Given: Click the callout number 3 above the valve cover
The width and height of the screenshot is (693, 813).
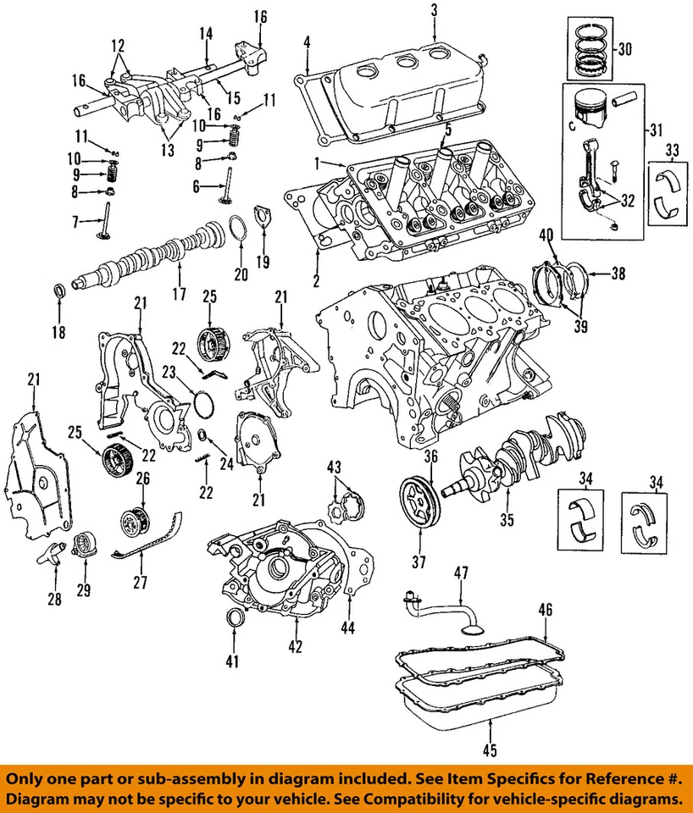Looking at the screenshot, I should pyautogui.click(x=434, y=10).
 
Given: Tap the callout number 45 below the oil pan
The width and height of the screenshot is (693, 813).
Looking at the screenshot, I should pyautogui.click(x=491, y=749).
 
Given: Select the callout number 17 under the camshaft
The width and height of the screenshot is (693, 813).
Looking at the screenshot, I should pyautogui.click(x=179, y=296).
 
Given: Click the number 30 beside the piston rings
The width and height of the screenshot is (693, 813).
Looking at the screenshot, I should pyautogui.click(x=625, y=49).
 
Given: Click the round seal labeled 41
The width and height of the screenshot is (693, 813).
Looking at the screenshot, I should pyautogui.click(x=231, y=620).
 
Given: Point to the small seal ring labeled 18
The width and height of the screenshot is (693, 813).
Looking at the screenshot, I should pyautogui.click(x=58, y=293).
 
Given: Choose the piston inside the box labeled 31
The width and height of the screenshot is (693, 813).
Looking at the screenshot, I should pyautogui.click(x=590, y=109).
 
